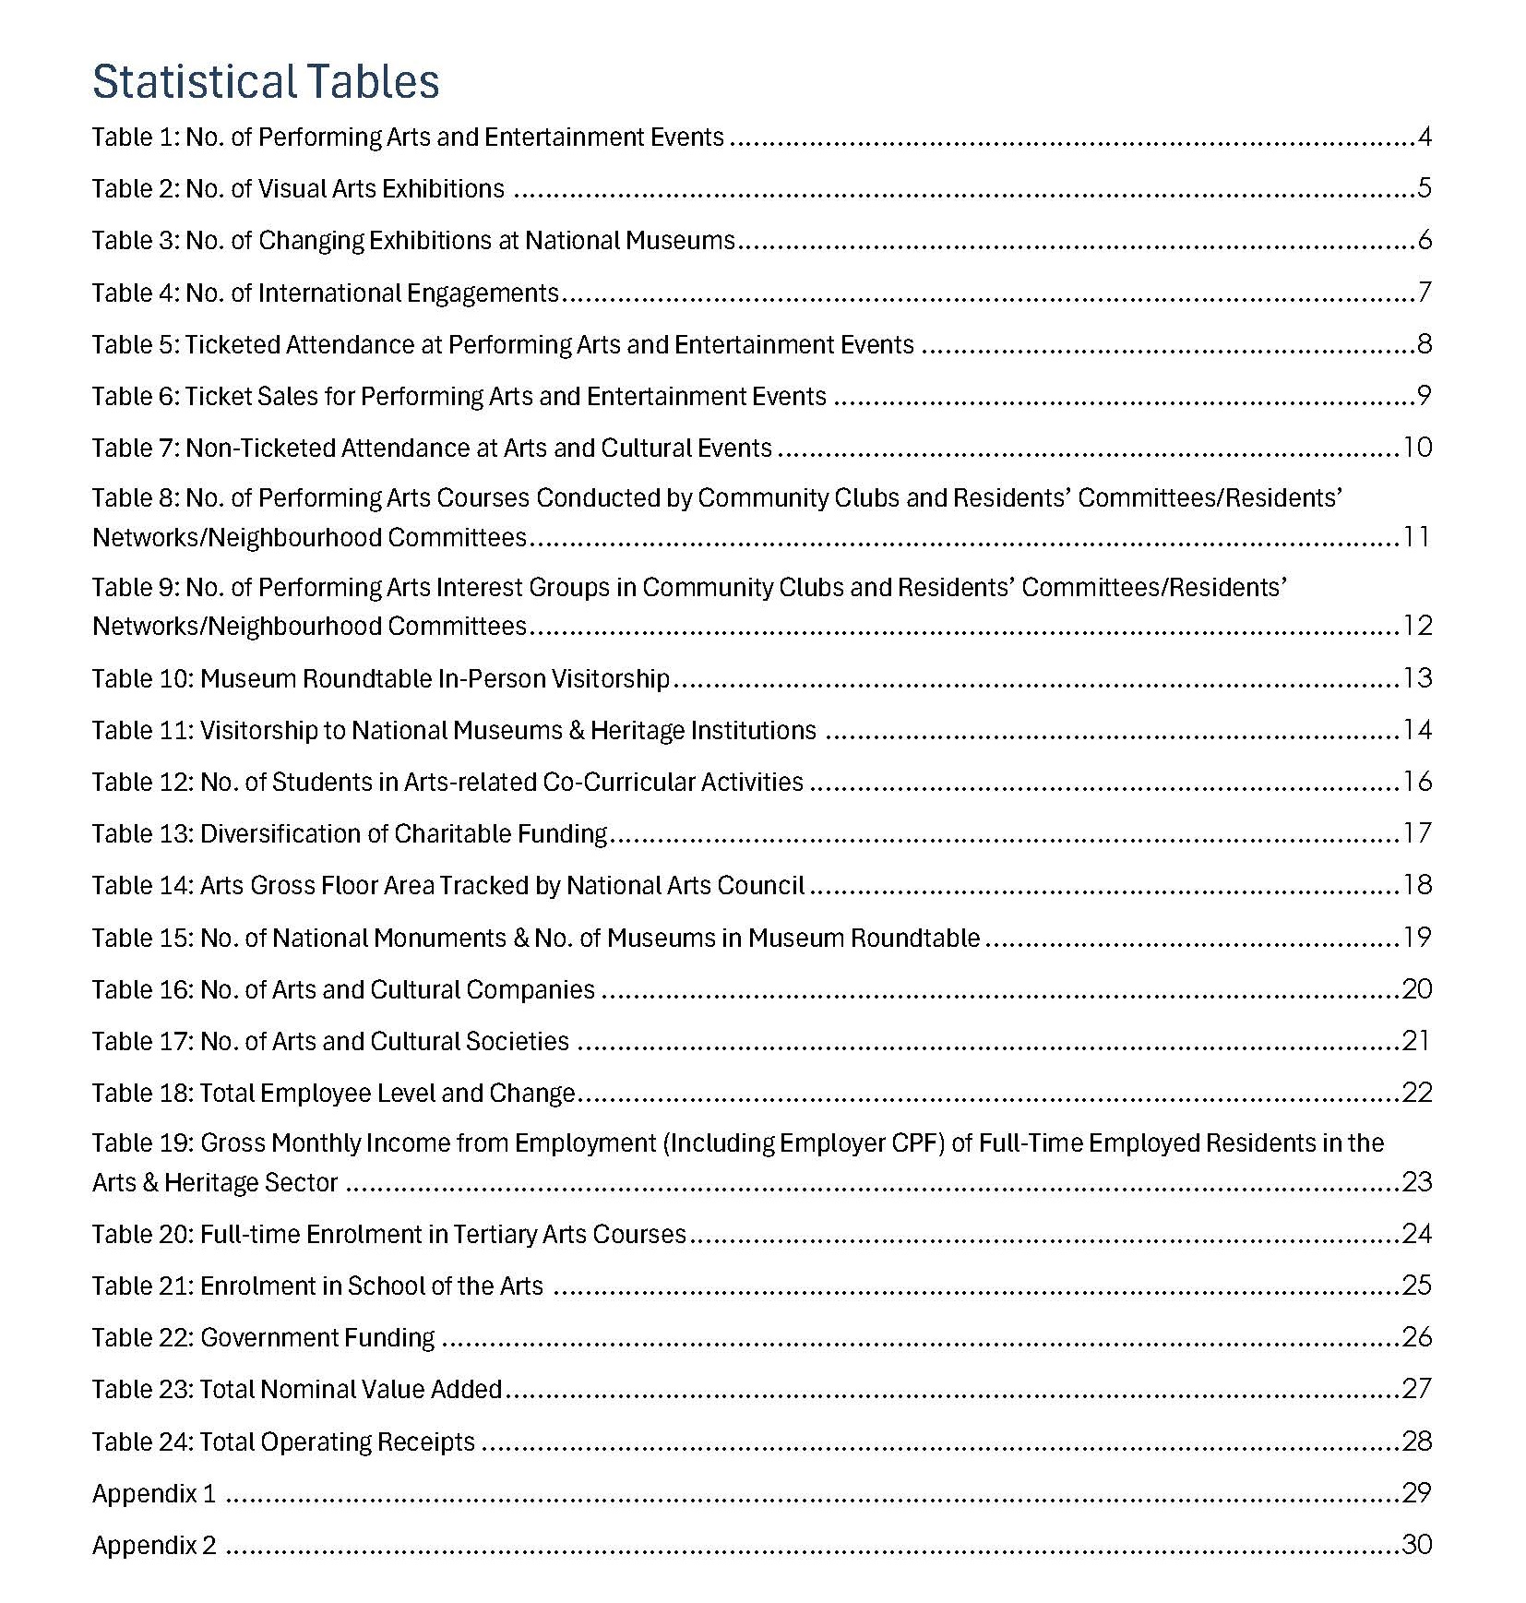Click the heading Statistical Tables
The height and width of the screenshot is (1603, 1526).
[x=266, y=81]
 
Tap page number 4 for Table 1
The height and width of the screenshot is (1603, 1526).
[x=1425, y=138]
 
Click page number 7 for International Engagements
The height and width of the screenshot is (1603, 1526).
[x=1425, y=293]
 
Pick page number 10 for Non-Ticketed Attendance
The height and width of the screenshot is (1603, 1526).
[x=1417, y=449]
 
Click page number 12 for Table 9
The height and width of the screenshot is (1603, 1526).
[x=1417, y=627]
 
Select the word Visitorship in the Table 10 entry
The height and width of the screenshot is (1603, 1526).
[x=610, y=679]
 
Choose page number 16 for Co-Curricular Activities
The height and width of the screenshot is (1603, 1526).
[x=1417, y=783]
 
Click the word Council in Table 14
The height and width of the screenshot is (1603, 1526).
[x=763, y=886]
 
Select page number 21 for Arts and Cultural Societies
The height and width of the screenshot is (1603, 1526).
[x=1417, y=1042]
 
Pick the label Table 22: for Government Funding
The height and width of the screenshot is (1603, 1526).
[x=143, y=1338]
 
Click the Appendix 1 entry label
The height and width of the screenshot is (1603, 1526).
[x=154, y=1494]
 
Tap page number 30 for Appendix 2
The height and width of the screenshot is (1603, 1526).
[x=1417, y=1546]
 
